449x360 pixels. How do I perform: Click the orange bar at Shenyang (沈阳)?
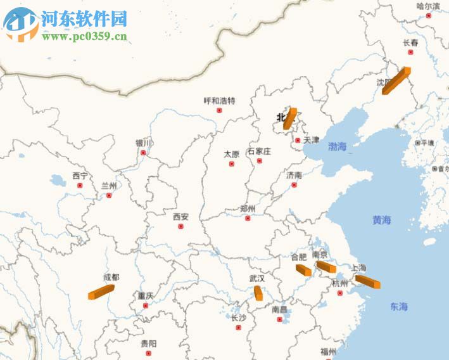point(396,81)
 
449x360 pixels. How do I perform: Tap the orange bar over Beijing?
point(289,119)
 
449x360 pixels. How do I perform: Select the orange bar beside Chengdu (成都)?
point(101,292)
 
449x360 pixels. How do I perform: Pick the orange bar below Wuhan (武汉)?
point(258,293)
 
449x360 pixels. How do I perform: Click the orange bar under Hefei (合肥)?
point(303,270)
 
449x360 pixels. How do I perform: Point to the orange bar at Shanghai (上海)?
point(367,281)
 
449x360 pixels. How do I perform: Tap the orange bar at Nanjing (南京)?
point(326,267)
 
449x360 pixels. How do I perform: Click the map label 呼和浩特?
point(219,101)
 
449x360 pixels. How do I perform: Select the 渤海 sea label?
point(338,146)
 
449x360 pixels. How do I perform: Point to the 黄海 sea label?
point(381,220)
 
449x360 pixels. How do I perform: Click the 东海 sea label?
point(399,307)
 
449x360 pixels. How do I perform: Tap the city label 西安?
point(180,217)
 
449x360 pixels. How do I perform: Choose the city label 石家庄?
point(259,151)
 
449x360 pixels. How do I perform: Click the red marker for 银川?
point(143,153)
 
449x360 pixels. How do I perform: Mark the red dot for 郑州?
point(248,218)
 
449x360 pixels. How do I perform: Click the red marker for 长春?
point(410,52)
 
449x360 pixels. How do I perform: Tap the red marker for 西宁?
point(80,186)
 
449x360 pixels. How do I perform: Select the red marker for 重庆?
point(146,305)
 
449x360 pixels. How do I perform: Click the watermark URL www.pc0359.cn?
point(84,36)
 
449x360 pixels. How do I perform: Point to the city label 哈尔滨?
point(428,6)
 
